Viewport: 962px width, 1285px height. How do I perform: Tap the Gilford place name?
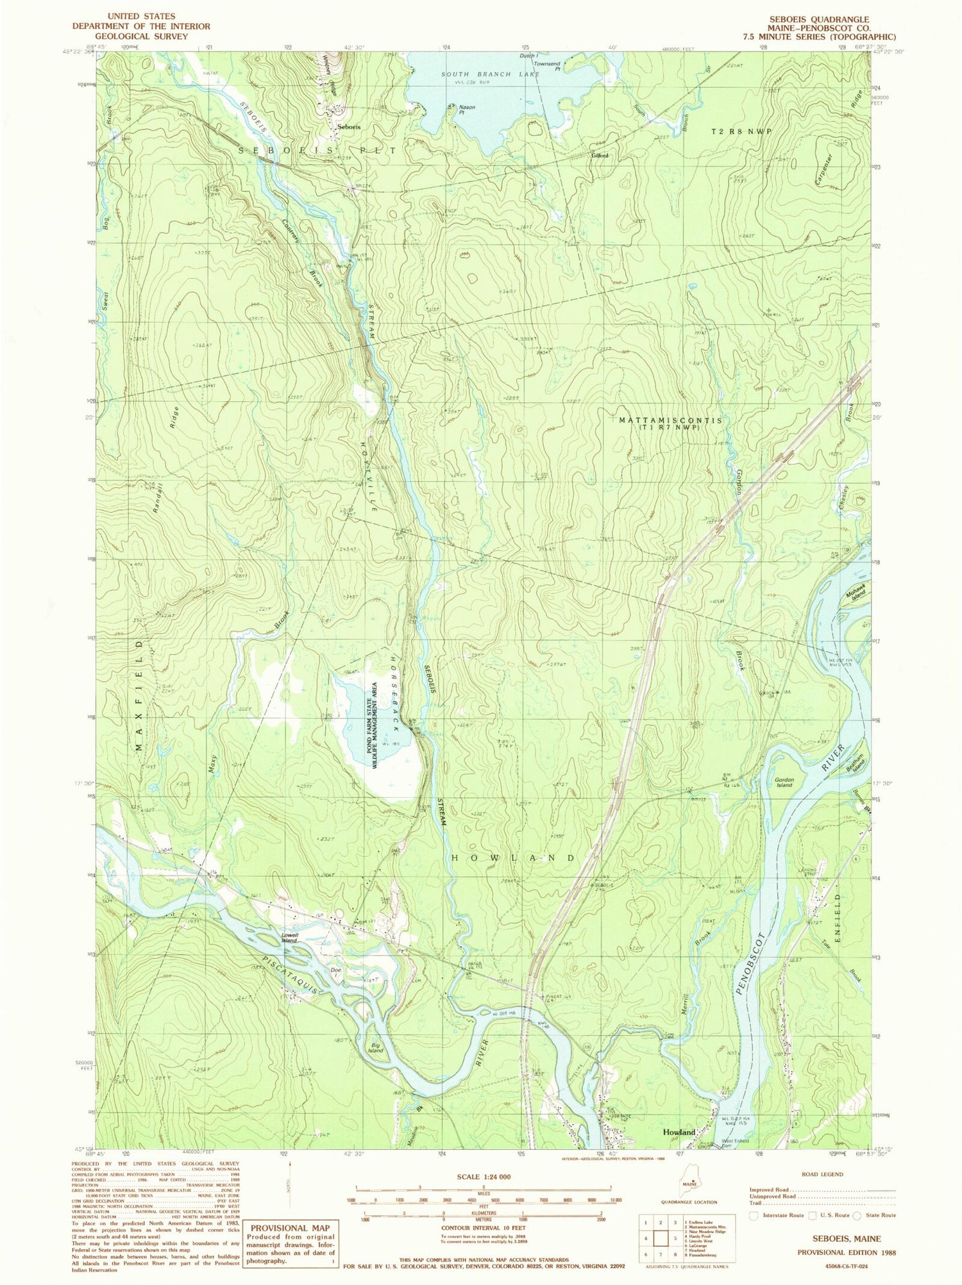pyautogui.click(x=600, y=156)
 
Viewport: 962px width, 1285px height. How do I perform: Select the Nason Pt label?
pyautogui.click(x=467, y=110)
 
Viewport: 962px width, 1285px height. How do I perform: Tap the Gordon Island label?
pyautogui.click(x=784, y=783)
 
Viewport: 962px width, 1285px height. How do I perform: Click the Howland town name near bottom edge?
pyautogui.click(x=679, y=1132)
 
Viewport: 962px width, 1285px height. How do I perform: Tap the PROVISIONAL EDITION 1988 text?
pyautogui.click(x=846, y=1252)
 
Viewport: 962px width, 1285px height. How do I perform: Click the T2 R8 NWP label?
pyautogui.click(x=741, y=131)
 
